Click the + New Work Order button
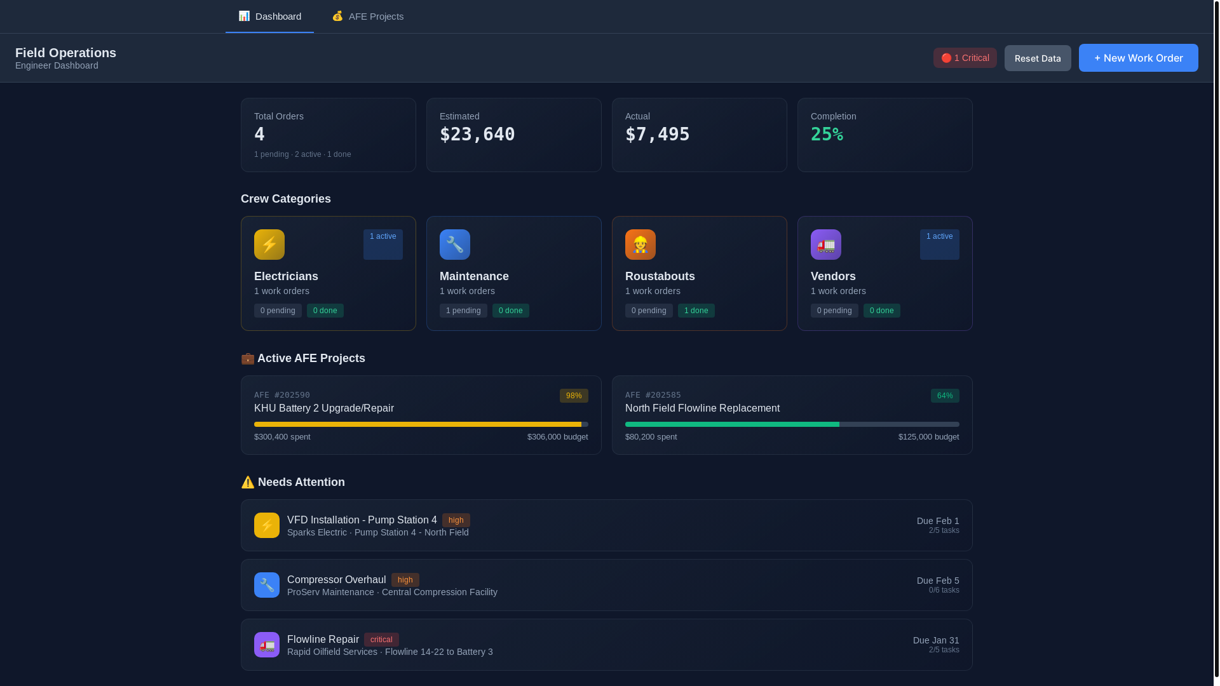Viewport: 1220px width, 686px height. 1138,58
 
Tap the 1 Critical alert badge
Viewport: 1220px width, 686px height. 965,58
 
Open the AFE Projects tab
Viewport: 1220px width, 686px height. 368,17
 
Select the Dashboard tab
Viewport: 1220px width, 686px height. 270,17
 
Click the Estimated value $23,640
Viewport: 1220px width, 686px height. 477,135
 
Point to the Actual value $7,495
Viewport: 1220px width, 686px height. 657,135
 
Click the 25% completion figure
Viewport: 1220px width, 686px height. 827,135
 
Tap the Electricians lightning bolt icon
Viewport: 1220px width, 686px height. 269,245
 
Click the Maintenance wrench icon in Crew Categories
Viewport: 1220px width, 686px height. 455,245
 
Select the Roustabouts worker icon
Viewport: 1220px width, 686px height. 640,245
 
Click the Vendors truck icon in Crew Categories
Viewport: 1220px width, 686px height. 826,245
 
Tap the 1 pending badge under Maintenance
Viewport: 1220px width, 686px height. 463,311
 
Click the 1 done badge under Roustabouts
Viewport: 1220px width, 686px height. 696,311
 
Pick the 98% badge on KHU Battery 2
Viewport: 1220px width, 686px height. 574,396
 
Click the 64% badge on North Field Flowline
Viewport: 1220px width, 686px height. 945,396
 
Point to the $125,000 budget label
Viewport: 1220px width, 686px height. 928,437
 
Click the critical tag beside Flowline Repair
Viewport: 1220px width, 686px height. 381,640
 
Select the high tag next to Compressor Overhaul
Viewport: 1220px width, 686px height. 405,580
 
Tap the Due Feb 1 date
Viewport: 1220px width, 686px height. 938,521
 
